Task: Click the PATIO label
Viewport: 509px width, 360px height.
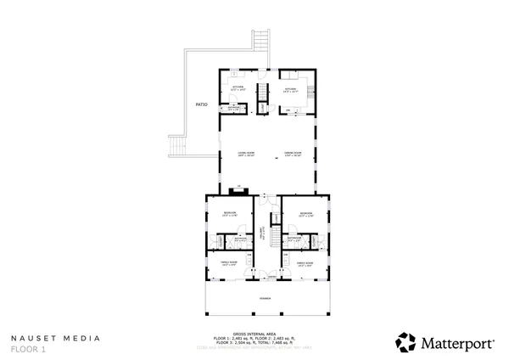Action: point(202,104)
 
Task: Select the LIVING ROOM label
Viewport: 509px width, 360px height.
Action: point(246,154)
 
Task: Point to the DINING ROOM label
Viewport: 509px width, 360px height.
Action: point(294,154)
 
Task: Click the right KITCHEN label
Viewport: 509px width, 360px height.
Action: point(290,88)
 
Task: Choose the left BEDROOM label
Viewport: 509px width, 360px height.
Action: point(229,213)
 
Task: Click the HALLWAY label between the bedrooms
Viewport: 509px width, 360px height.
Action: point(262,235)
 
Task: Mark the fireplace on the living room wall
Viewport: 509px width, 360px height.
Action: point(239,188)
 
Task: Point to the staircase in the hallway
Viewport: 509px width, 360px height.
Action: point(275,228)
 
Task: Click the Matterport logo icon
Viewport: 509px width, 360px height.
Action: point(406,342)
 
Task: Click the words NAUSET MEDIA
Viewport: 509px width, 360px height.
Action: point(55,338)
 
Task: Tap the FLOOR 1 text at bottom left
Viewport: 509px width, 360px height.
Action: point(30,348)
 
